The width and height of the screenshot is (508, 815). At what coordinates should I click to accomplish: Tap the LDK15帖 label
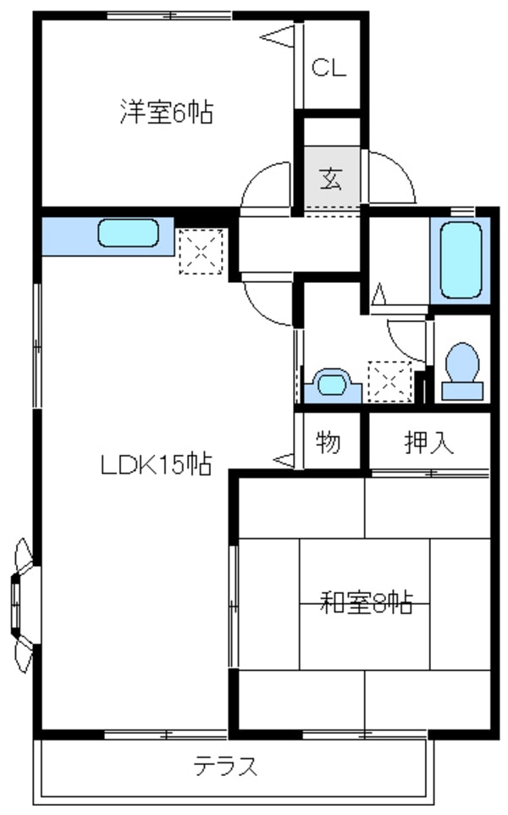[156, 464]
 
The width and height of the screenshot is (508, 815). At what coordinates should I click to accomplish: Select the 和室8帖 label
[366, 603]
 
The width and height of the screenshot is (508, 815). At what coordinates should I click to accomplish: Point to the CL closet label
[329, 69]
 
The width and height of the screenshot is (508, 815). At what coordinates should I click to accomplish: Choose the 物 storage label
[329, 441]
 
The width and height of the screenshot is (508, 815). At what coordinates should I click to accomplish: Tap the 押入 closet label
[430, 441]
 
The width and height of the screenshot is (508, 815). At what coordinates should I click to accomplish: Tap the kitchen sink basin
[128, 233]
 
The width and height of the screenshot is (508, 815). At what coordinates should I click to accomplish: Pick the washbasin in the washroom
[331, 384]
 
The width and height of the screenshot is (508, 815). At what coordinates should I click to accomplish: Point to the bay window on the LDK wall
[22, 603]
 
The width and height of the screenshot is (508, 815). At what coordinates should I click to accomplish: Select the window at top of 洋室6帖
[168, 15]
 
